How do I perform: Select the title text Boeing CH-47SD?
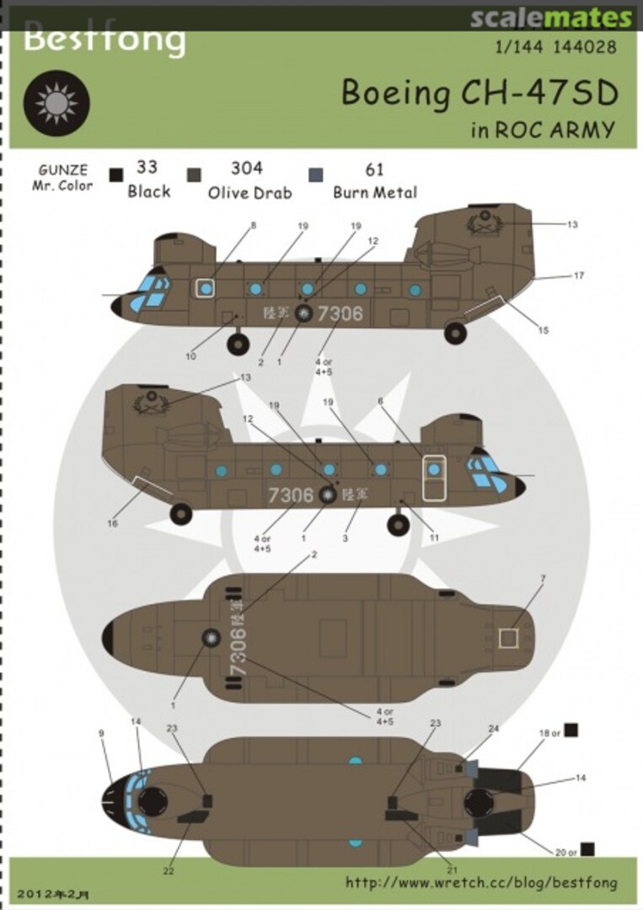(479, 94)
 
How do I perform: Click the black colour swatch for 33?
(116, 174)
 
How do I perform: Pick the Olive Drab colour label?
(250, 192)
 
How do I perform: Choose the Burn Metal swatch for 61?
(316, 174)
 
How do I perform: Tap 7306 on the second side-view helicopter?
(291, 495)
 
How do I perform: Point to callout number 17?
(579, 276)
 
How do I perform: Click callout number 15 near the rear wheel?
(543, 330)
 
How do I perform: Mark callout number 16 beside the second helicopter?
(112, 523)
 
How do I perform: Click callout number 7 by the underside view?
(543, 578)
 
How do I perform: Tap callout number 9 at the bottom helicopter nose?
(101, 733)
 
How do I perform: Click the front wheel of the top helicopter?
(238, 343)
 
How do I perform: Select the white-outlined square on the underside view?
(507, 638)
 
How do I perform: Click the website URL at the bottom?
(480, 883)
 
